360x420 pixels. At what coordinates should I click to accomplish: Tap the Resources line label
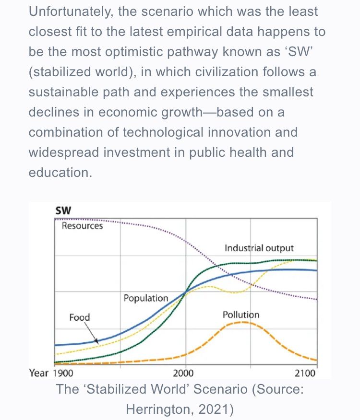(x=82, y=225)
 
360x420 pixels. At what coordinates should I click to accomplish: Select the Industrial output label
(x=259, y=248)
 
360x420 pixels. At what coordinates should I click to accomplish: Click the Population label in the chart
(x=146, y=298)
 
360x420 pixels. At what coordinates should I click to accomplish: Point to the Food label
(x=79, y=317)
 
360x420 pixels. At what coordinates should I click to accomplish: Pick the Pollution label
(x=241, y=315)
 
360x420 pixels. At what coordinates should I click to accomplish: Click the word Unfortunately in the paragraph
(x=71, y=12)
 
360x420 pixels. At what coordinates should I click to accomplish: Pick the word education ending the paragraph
(x=60, y=172)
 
